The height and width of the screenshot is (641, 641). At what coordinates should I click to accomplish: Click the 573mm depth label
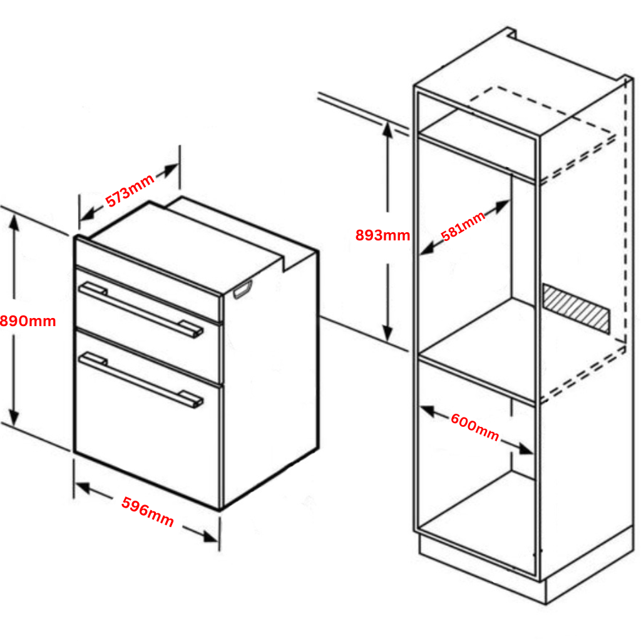pos(130,192)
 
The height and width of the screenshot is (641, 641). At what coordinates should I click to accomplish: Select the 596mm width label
pos(148,511)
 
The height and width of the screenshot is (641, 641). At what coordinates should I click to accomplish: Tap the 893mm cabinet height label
pos(382,235)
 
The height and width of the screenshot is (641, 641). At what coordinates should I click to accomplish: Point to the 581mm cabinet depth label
pos(463,227)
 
